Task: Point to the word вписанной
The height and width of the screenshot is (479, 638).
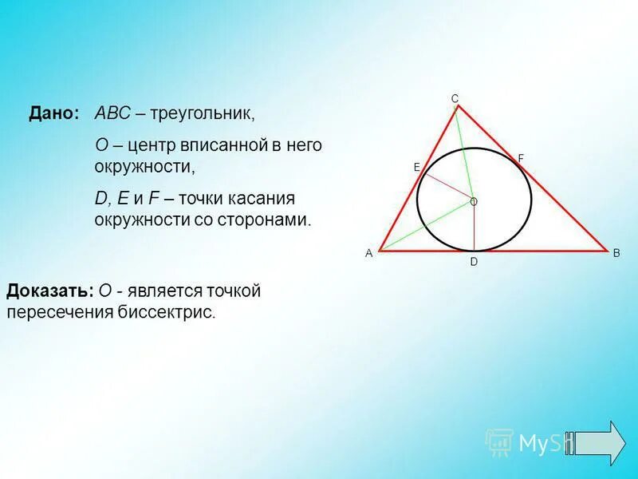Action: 220,146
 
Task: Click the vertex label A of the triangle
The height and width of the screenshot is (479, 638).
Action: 369,253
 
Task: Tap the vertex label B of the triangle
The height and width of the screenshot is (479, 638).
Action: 616,253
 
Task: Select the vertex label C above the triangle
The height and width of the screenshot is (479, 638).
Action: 455,98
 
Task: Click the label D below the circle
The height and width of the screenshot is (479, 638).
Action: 473,262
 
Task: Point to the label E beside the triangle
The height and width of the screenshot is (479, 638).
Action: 416,167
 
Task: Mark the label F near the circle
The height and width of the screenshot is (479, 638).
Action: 521,159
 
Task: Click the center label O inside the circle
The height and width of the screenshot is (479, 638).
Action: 474,203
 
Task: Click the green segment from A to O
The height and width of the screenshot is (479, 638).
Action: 423,228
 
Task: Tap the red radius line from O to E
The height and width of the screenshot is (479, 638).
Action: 447,186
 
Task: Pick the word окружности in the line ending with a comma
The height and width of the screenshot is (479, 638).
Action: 141,167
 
